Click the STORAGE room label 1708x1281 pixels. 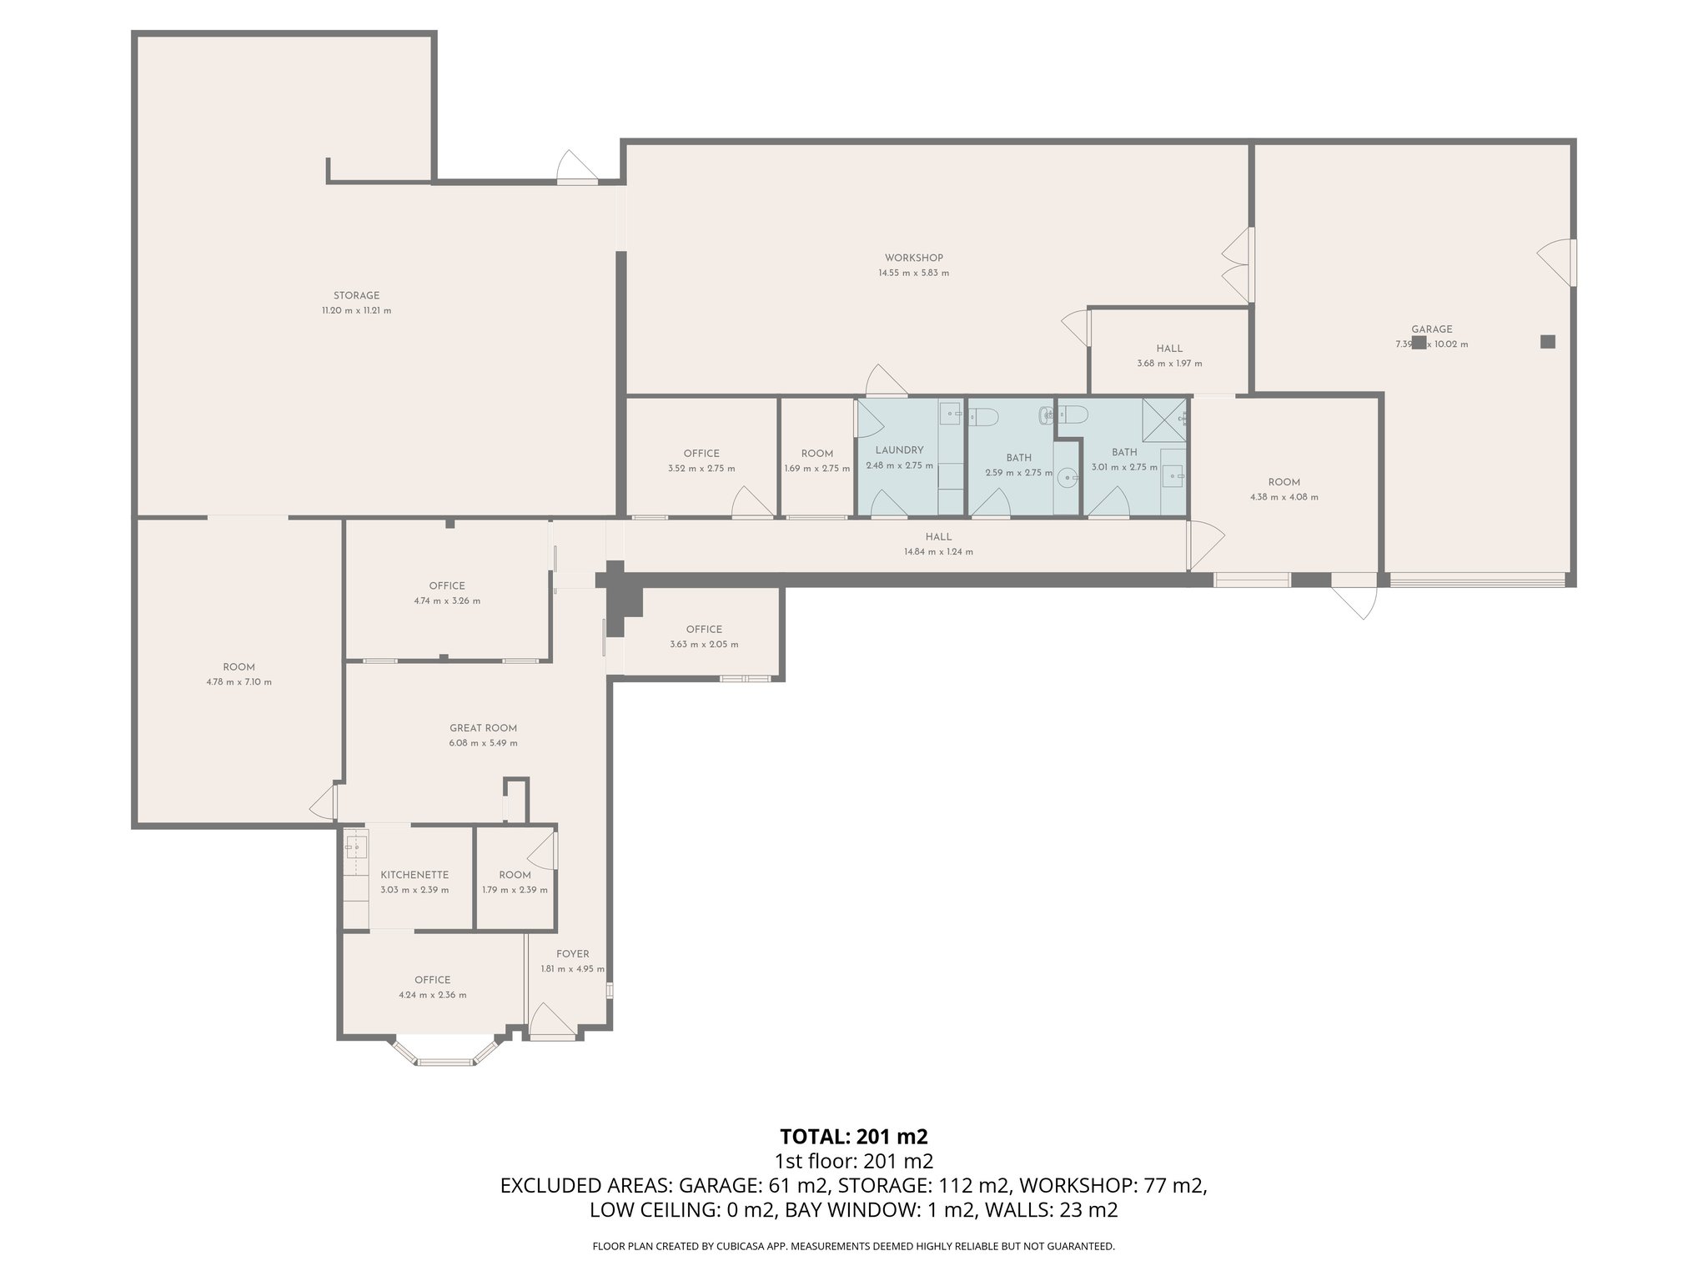(356, 295)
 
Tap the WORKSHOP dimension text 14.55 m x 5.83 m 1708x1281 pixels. (913, 273)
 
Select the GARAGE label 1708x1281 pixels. (1431, 329)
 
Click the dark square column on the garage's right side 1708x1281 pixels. (1547, 341)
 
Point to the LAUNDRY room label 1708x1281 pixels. (899, 450)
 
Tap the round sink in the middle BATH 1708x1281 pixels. (1066, 479)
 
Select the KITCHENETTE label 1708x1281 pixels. (414, 875)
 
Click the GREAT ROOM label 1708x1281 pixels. (483, 728)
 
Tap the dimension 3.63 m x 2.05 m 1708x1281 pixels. (704, 644)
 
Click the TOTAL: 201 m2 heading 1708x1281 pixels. (853, 1137)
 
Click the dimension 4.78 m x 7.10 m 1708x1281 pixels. (239, 681)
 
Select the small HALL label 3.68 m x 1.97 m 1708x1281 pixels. (1169, 349)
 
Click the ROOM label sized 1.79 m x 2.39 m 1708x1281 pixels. (515, 875)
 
